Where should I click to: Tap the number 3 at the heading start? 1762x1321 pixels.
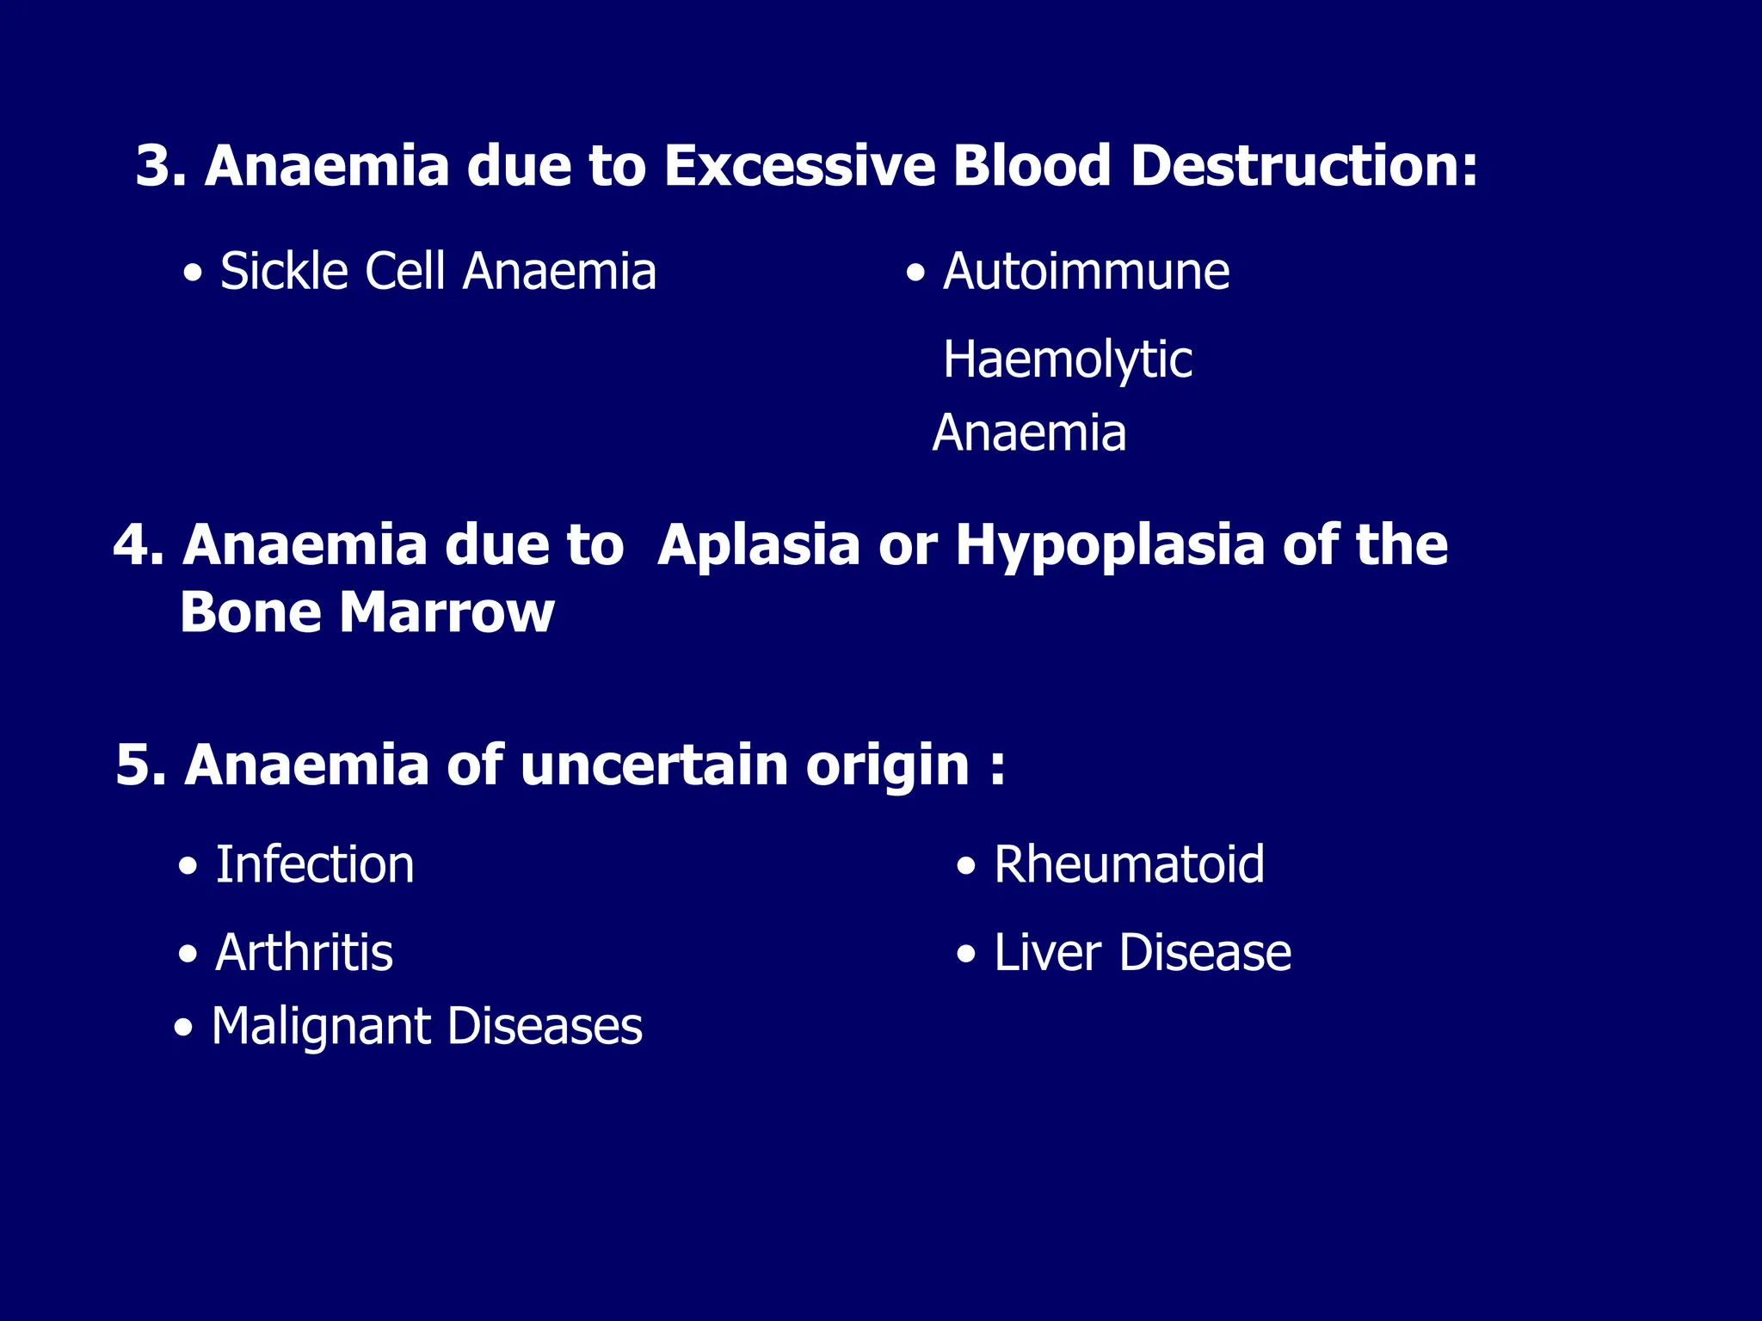click(x=154, y=166)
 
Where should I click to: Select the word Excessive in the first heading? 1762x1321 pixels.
click(x=799, y=165)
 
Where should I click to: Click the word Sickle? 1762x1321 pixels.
click(x=284, y=272)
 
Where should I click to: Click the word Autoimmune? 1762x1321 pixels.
click(x=1086, y=272)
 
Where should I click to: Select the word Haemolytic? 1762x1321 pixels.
click(x=1067, y=359)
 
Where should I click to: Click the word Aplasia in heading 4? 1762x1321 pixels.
click(x=758, y=545)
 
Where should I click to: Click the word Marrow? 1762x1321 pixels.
click(x=447, y=612)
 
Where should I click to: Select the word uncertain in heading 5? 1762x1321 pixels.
click(x=654, y=765)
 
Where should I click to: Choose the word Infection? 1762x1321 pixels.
click(x=315, y=864)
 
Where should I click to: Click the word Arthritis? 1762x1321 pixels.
click(x=304, y=953)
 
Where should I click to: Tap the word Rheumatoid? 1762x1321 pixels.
click(x=1129, y=864)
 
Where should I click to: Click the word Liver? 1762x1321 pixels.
click(x=1047, y=953)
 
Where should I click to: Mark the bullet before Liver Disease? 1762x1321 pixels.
click(x=966, y=955)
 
